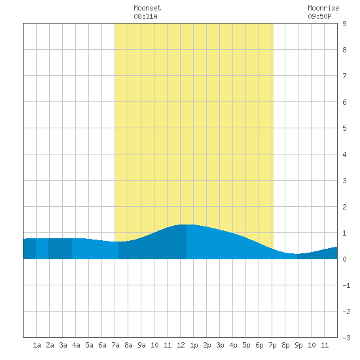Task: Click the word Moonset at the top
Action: point(147,9)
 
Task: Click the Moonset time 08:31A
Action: point(145,16)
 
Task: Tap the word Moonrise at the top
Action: point(323,9)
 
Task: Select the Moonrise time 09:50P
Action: point(319,16)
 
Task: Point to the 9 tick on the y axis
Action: point(344,24)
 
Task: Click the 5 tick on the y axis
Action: point(344,128)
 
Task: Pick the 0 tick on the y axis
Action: point(344,259)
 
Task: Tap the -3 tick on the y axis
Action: point(346,338)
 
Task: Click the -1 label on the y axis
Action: point(346,285)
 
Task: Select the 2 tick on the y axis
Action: point(344,207)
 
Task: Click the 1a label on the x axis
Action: point(37,345)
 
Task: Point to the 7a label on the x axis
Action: point(115,345)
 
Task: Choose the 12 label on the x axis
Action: point(181,345)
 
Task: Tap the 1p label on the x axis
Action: point(194,345)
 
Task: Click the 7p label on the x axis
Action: point(272,345)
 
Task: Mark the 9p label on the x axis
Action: point(298,345)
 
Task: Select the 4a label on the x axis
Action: point(76,345)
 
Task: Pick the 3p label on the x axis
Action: point(220,345)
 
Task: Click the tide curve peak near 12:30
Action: point(187,225)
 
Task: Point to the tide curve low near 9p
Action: point(295,254)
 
